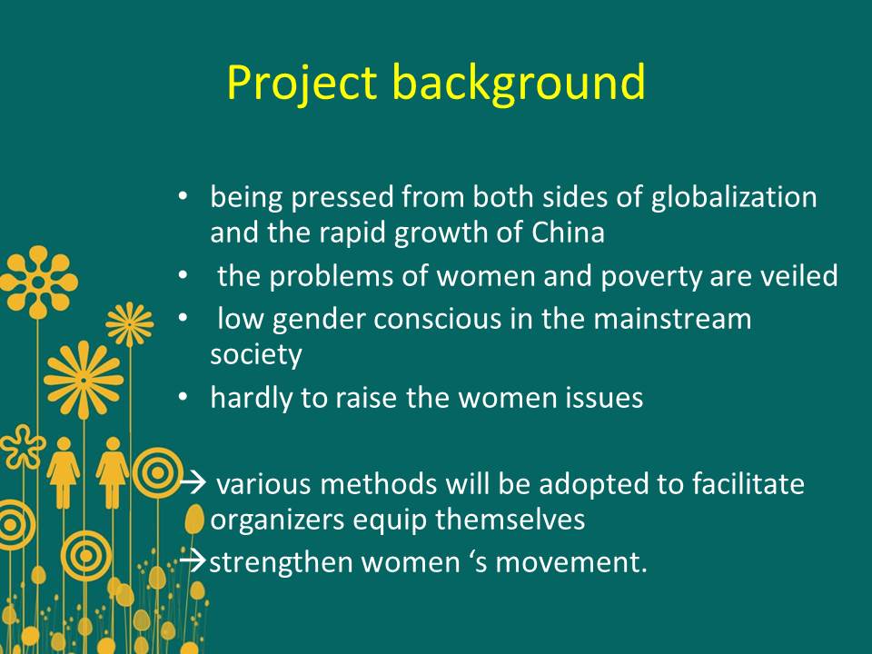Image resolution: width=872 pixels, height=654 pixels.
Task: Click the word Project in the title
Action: pos(302,84)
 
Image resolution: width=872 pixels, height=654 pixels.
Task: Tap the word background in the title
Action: pos(519,83)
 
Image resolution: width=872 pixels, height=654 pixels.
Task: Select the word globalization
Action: pos(734,198)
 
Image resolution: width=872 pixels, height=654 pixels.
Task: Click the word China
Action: pos(568,232)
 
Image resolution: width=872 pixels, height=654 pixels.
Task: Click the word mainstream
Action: pos(672,319)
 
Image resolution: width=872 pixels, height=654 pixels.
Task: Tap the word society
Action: pos(256,356)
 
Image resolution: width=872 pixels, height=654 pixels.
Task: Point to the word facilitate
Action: pos(748,483)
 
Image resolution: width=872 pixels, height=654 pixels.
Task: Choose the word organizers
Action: pos(277,520)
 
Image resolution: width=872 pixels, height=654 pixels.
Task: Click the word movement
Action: pos(571,562)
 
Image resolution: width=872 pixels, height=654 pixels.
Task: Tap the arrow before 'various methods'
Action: pos(193,483)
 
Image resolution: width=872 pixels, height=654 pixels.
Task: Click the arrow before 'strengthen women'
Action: pos(193,561)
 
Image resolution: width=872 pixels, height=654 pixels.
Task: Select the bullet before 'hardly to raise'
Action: pos(183,398)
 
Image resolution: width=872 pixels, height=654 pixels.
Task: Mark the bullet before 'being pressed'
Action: pos(183,197)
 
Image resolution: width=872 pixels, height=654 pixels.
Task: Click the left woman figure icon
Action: pos(64,472)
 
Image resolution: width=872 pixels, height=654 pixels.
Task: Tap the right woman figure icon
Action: pos(113,472)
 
